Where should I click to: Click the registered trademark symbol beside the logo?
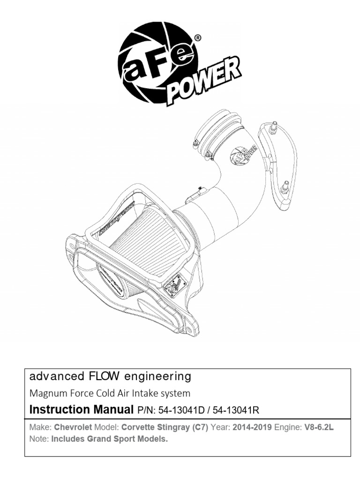198,38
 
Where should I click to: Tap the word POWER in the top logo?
203,80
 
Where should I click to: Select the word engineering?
157,377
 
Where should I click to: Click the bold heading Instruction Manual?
82,410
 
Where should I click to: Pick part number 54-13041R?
236,410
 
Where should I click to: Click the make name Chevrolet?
73,427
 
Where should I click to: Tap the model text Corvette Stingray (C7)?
165,427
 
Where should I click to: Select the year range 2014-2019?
252,427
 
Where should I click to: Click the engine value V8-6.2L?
319,427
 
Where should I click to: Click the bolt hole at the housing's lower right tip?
189,330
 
